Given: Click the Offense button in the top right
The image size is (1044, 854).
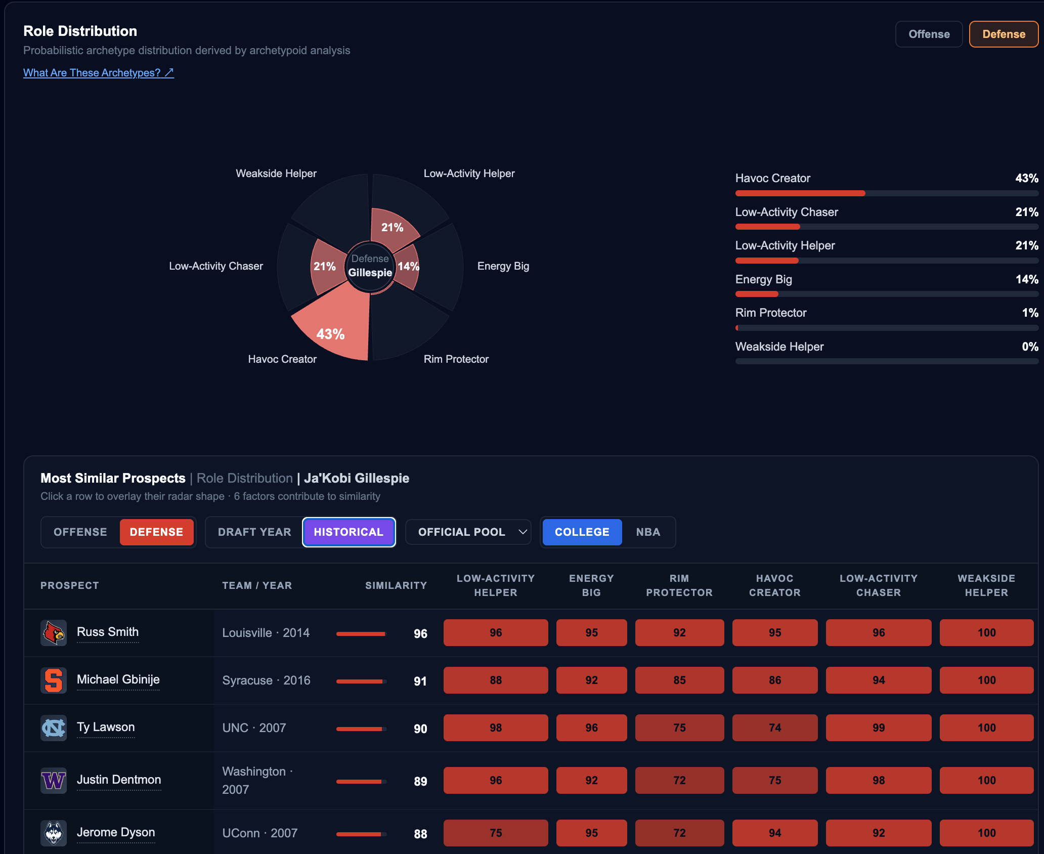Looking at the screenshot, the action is (x=929, y=34).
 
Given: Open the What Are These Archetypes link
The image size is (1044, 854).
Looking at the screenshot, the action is (x=99, y=73).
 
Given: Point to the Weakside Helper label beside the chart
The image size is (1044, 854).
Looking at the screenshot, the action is (x=276, y=174).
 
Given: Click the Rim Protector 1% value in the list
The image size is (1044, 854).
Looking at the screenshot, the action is (x=1030, y=313).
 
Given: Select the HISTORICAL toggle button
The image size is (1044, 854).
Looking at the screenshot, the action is (x=349, y=532).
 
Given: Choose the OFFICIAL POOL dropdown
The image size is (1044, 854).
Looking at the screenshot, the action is (x=468, y=532).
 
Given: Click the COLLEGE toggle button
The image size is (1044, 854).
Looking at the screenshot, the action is (x=582, y=532).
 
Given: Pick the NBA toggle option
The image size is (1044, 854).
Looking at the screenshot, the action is (x=648, y=532).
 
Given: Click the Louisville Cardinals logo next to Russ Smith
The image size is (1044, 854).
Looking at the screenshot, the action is (x=54, y=633).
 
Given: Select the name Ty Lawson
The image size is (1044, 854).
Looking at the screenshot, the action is (x=106, y=727).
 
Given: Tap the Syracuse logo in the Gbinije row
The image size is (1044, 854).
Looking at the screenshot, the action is (x=54, y=680).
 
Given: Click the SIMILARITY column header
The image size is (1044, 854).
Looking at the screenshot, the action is (x=396, y=585).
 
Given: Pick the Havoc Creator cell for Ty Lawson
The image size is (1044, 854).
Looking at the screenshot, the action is (x=775, y=728).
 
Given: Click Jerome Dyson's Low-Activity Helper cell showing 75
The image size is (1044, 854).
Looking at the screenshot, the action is (x=496, y=833).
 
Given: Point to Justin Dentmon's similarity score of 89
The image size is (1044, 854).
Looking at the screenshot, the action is (x=420, y=781).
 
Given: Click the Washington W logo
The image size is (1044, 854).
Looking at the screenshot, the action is (x=54, y=781).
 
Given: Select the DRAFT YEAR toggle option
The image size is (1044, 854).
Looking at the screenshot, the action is (x=254, y=532).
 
